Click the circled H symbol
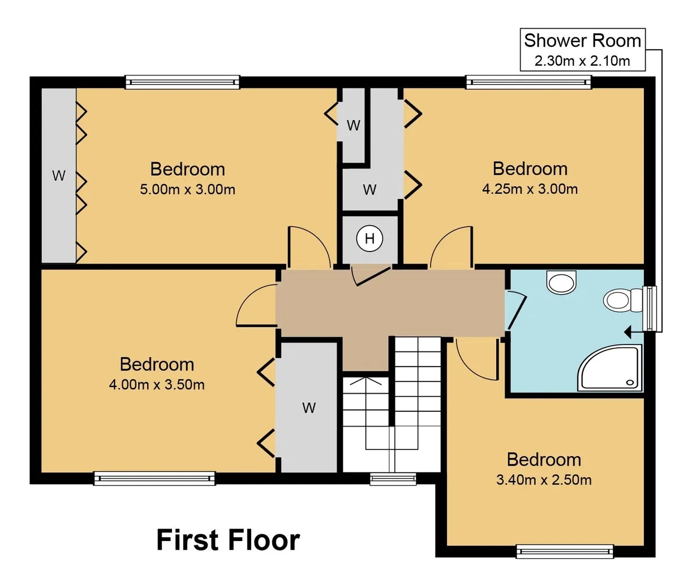pyautogui.click(x=369, y=239)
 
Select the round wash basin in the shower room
pyautogui.click(x=561, y=282)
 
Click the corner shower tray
pyautogui.click(x=610, y=368)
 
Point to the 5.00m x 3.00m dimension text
pyautogui.click(x=187, y=189)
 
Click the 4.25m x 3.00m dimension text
pyautogui.click(x=530, y=189)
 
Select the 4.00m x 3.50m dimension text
pyautogui.click(x=157, y=384)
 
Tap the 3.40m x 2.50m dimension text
pyautogui.click(x=544, y=480)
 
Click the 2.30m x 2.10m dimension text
pyautogui.click(x=582, y=61)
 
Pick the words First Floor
pyautogui.click(x=228, y=540)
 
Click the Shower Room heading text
pyautogui.click(x=582, y=41)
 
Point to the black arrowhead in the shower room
pyautogui.click(x=628, y=332)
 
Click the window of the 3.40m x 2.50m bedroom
pyautogui.click(x=565, y=551)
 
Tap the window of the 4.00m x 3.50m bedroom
pyautogui.click(x=154, y=478)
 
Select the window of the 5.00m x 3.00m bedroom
pyautogui.click(x=183, y=82)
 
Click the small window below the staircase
pyautogui.click(x=393, y=479)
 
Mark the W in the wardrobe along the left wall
pyautogui.click(x=59, y=176)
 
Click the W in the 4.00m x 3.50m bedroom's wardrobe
pyautogui.click(x=309, y=408)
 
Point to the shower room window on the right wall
pyautogui.click(x=650, y=308)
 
